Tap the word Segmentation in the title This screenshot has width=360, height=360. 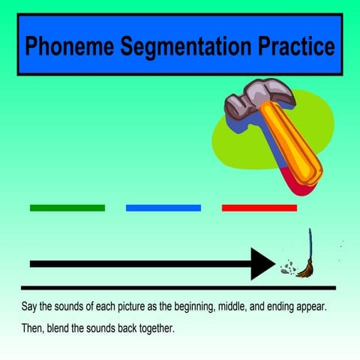click(172, 46)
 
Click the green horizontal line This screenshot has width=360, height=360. click(67, 208)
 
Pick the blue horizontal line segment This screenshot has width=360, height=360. click(163, 208)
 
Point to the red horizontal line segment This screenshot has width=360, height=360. click(259, 208)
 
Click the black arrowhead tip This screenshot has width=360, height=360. click(274, 264)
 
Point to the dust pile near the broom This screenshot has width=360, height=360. click(286, 266)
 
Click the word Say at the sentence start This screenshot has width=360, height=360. click(30, 308)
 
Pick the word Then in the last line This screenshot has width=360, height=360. click(33, 328)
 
